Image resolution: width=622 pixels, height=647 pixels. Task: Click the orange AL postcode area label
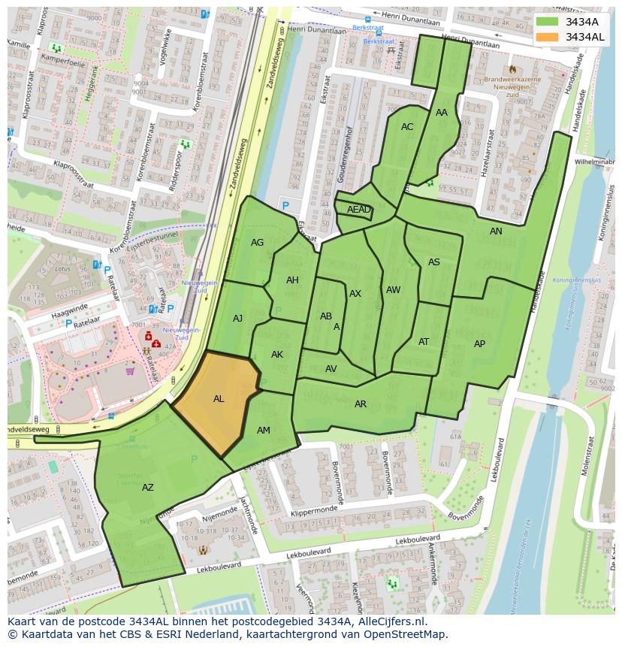click(x=219, y=399)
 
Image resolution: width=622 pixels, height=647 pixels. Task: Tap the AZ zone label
click(x=148, y=488)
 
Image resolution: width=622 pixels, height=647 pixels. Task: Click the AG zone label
click(x=258, y=243)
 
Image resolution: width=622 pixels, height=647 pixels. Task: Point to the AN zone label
click(x=496, y=231)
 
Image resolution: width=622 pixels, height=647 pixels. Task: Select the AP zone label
click(x=479, y=344)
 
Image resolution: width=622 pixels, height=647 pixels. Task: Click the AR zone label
click(x=361, y=404)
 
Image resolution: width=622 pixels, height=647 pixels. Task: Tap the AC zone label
click(x=407, y=127)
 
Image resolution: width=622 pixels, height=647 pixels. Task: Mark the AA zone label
click(x=442, y=113)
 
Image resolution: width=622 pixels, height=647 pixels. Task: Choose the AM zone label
click(x=264, y=431)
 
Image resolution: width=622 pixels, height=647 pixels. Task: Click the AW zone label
click(x=393, y=290)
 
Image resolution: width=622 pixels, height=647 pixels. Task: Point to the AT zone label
click(x=424, y=342)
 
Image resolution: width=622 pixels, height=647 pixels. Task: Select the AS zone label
click(x=434, y=262)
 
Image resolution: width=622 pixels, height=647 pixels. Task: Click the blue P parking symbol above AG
click(x=285, y=205)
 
